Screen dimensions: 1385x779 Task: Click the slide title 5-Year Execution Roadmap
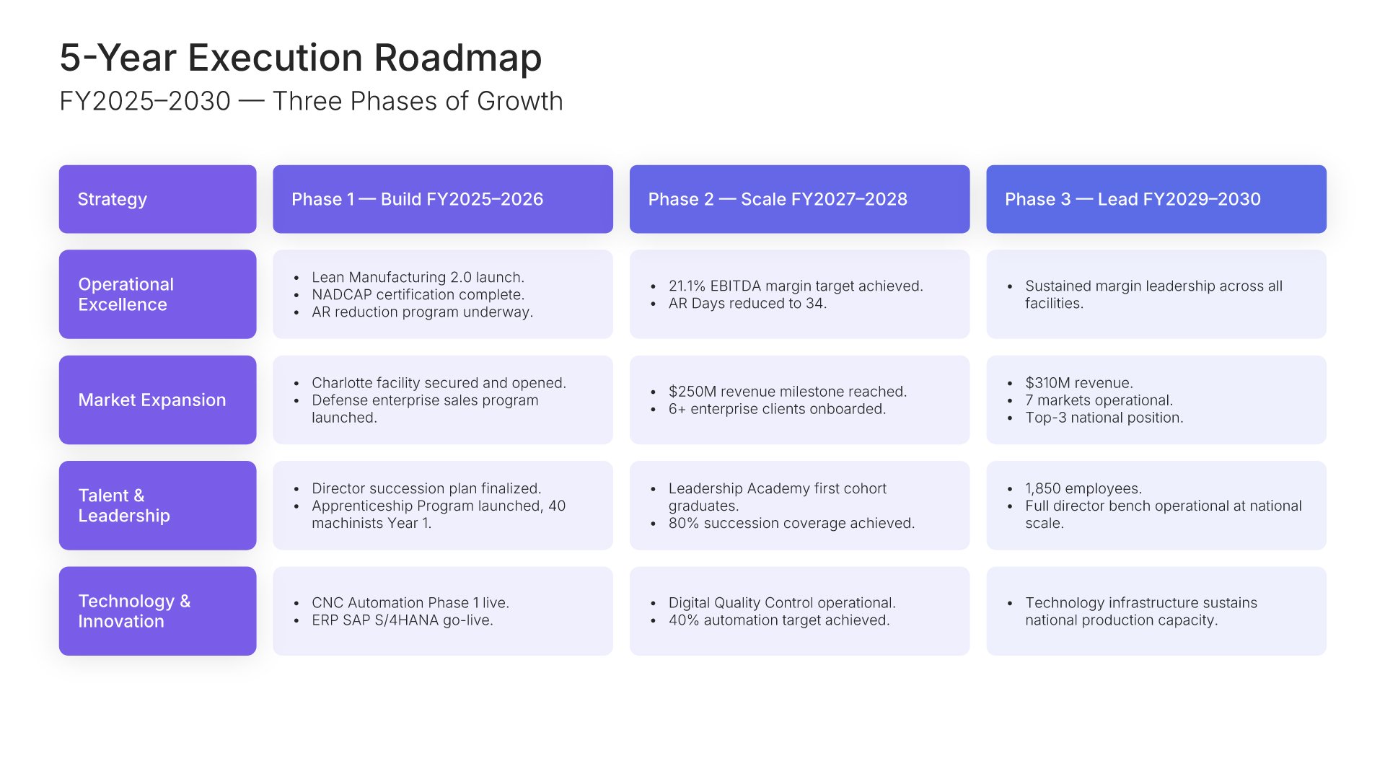tap(300, 58)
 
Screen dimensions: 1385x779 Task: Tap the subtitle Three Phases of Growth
tap(418, 101)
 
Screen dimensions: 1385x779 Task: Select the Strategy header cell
tap(157, 199)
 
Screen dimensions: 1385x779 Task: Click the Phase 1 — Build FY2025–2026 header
tap(443, 199)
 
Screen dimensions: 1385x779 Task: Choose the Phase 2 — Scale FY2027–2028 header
tap(799, 199)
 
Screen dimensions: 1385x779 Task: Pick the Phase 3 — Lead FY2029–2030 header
tap(1156, 199)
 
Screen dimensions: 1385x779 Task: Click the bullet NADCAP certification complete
tap(418, 294)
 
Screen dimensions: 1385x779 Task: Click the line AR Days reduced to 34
tap(747, 303)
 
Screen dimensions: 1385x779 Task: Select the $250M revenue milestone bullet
tap(788, 391)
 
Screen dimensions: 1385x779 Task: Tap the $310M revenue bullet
tap(1079, 382)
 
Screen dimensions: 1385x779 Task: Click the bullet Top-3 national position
tap(1104, 418)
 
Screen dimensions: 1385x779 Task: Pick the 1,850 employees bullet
tap(1083, 488)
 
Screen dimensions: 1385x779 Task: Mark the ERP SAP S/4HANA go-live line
tap(403, 620)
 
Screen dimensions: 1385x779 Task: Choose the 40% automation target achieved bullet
tap(779, 620)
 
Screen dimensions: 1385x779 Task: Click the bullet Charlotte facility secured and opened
tap(439, 382)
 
